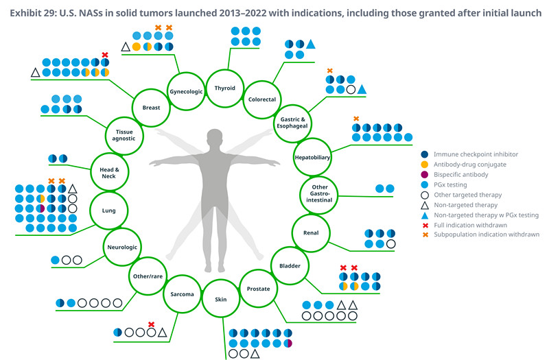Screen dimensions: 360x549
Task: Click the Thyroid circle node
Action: [224, 88]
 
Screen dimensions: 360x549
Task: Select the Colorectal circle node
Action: [261, 99]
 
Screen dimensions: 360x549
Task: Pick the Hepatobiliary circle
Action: [312, 157]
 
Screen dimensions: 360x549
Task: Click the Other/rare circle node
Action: [147, 276]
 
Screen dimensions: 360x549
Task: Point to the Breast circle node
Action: [150, 107]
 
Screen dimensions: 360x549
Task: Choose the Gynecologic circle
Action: [185, 91]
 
